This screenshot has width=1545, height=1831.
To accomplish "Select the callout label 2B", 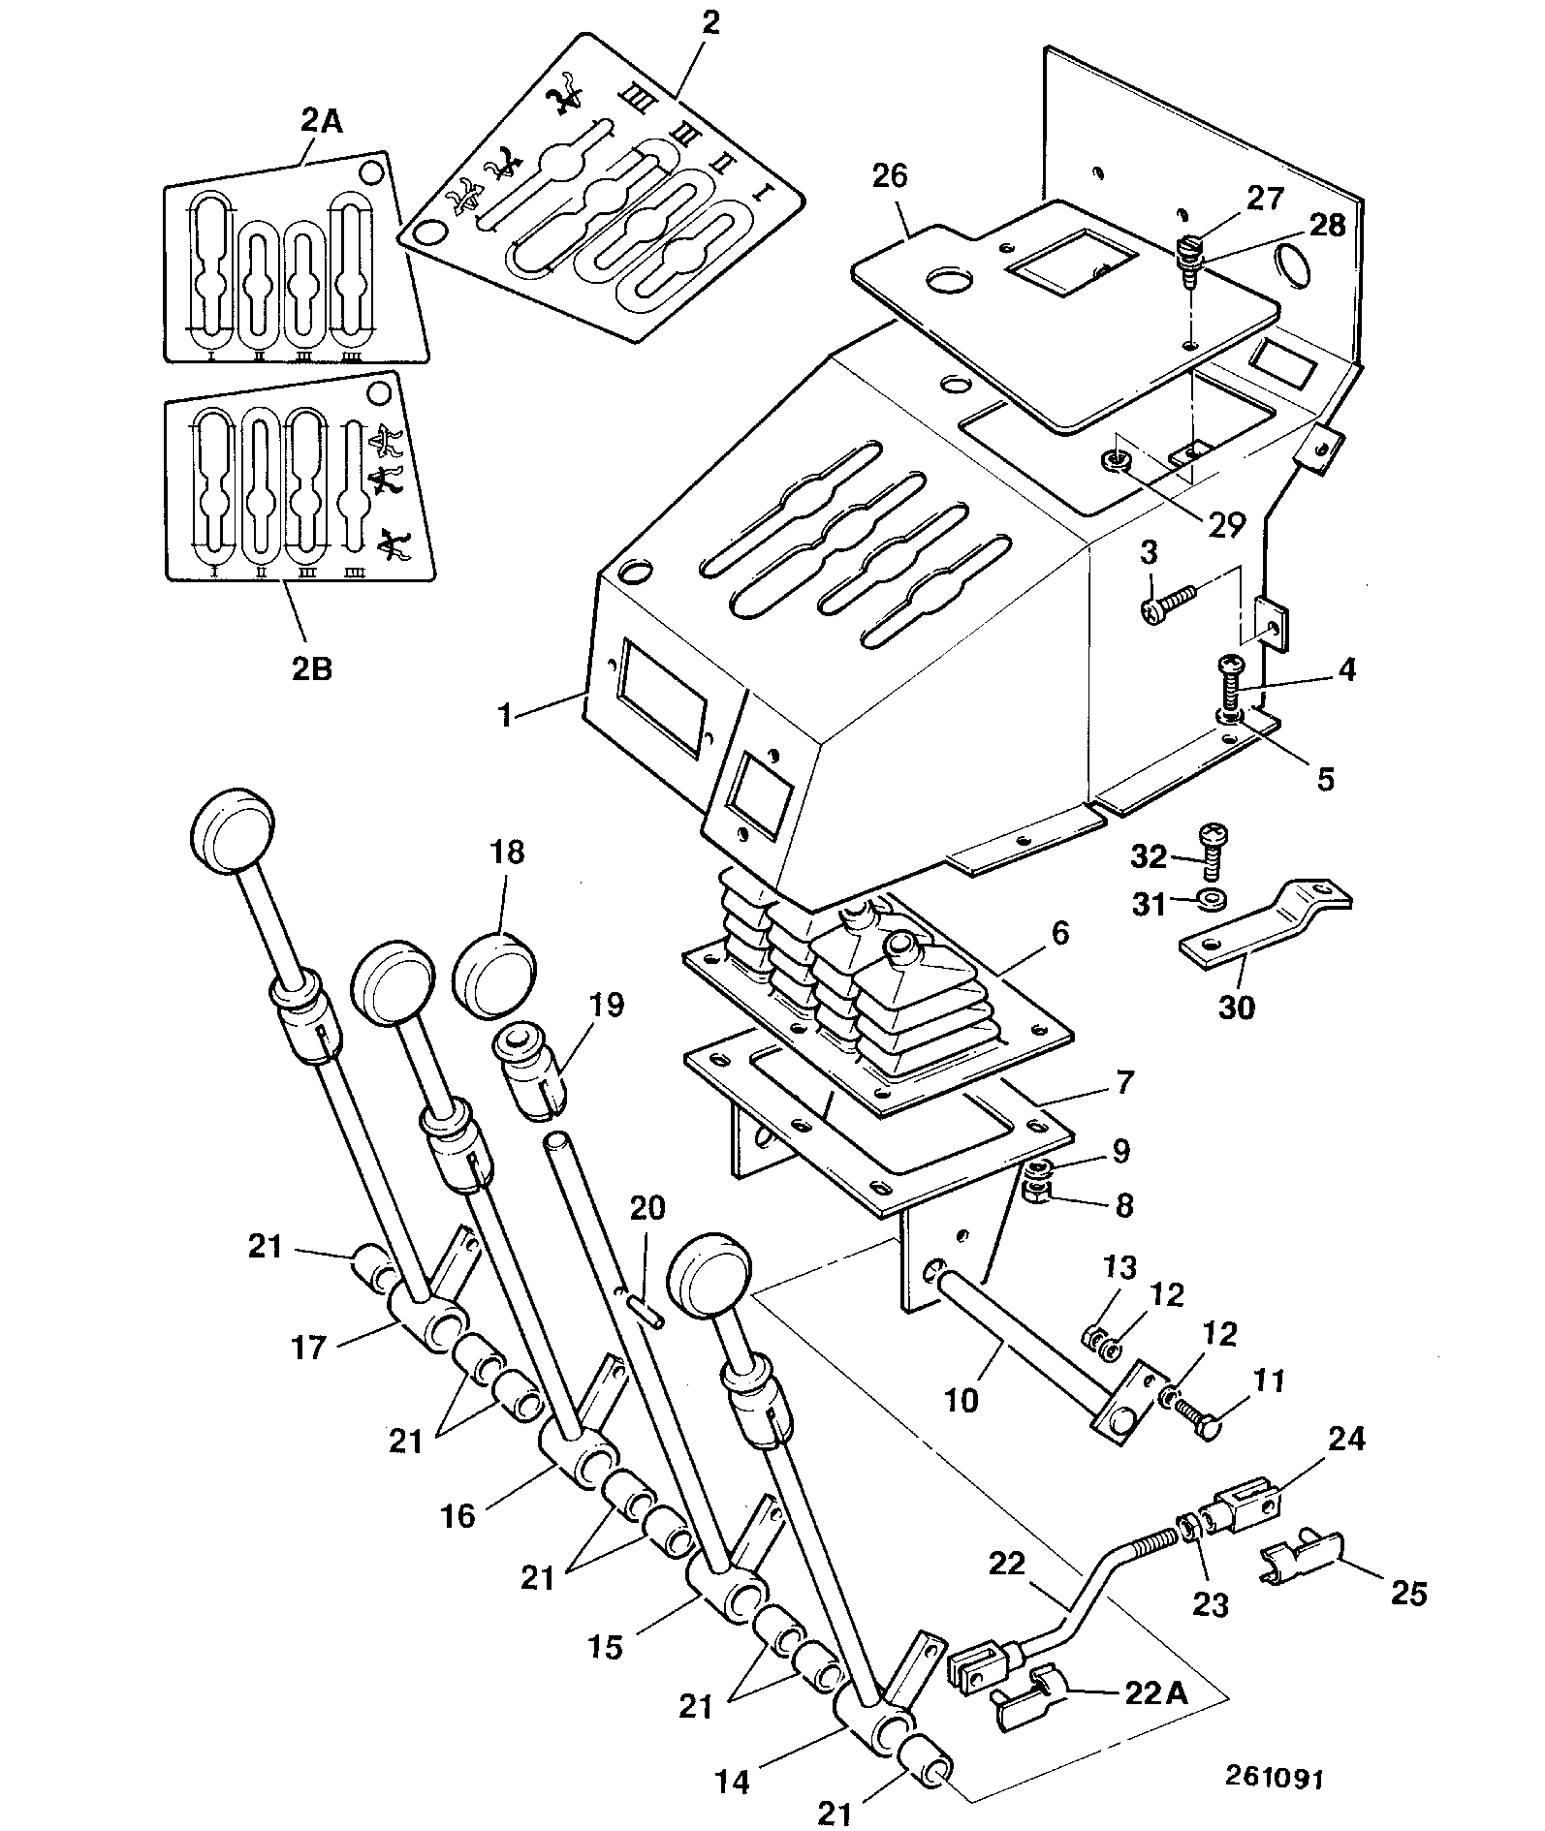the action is coord(311,667).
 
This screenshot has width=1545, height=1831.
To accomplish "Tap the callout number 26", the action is coord(890,176).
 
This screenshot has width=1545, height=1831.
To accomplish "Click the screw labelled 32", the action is coord(1213,851).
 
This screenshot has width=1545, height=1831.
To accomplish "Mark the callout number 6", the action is coord(1059,934).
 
